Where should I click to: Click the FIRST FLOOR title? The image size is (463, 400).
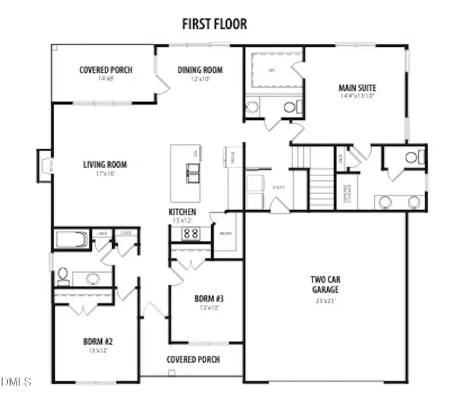coord(215,25)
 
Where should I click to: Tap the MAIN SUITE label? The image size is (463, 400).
coord(358,87)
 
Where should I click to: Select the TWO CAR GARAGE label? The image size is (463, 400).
coord(326,285)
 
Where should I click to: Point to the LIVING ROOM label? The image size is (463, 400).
coord(105,165)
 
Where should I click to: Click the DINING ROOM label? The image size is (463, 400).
coord(200,70)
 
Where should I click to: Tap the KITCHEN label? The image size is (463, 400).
coord(182,212)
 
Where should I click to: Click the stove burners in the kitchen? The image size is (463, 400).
coord(191,233)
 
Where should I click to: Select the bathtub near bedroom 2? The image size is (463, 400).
coord(71,239)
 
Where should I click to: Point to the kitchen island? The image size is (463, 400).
coord(187,173)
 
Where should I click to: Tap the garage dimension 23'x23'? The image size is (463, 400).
coord(326,301)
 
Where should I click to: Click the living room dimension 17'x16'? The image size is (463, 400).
coord(105,174)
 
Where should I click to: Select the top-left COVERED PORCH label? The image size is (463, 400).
coord(105,70)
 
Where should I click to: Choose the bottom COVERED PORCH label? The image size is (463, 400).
coord(193,359)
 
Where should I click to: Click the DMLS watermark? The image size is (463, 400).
coord(17,382)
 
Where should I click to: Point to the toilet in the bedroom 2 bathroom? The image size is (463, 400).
coord(63,274)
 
